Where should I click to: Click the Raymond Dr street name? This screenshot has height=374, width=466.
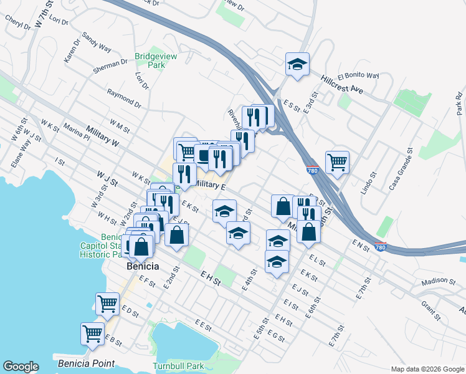123,97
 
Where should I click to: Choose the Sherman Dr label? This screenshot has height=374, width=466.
112,63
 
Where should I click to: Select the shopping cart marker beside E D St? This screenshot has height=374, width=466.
107,304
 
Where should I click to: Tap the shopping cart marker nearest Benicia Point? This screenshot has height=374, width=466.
92,333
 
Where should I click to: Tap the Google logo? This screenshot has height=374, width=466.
21,367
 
